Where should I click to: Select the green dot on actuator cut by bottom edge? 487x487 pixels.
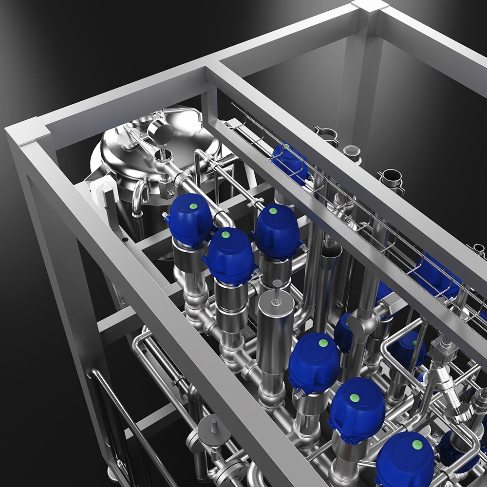(x=417, y=444)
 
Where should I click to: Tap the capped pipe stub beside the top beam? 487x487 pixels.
(x=352, y=152)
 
